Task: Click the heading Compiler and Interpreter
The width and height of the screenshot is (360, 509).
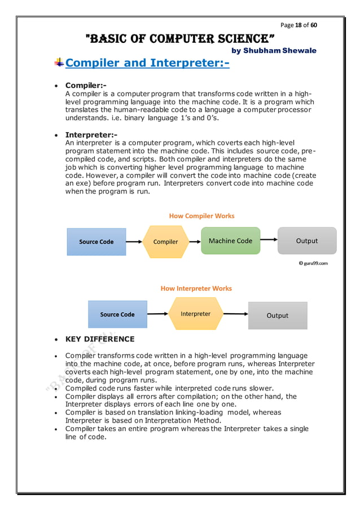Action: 147,63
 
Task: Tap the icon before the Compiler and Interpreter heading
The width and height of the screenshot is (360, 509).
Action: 59,63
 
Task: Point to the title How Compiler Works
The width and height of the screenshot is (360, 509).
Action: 201,216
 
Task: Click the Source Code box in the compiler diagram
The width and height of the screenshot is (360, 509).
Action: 96,242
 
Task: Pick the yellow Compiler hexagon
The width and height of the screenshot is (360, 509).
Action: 165,242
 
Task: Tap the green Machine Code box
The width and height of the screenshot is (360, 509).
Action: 230,241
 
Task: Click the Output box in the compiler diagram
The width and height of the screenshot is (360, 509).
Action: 306,241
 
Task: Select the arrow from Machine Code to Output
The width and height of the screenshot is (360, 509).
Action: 269,241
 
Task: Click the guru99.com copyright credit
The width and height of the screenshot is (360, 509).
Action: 313,263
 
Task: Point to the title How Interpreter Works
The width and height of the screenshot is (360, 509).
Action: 196,288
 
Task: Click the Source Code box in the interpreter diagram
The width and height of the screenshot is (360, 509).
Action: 117,314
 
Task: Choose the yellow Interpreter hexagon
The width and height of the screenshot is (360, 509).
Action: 195,314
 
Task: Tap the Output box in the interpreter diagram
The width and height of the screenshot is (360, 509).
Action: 277,315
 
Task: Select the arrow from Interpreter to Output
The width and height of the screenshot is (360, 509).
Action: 235,314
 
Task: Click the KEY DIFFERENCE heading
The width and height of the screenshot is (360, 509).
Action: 100,339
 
